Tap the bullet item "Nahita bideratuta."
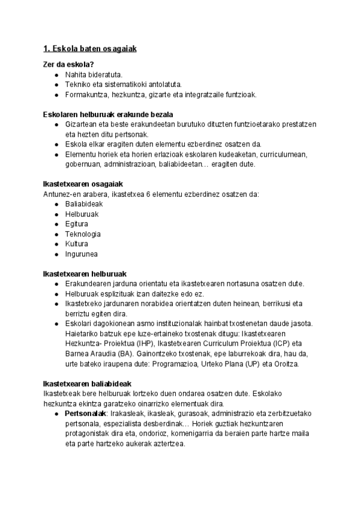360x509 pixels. click(x=94, y=75)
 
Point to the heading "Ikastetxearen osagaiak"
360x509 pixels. click(x=83, y=184)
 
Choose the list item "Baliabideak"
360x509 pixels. click(x=85, y=203)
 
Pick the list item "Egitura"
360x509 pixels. click(x=77, y=224)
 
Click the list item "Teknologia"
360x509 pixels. click(x=83, y=234)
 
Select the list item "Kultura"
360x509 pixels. click(x=77, y=244)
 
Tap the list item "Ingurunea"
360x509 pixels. click(x=81, y=254)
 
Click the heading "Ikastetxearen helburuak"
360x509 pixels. click(x=85, y=274)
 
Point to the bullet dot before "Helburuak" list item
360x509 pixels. click(x=56, y=214)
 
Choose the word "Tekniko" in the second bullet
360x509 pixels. click(x=77, y=85)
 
